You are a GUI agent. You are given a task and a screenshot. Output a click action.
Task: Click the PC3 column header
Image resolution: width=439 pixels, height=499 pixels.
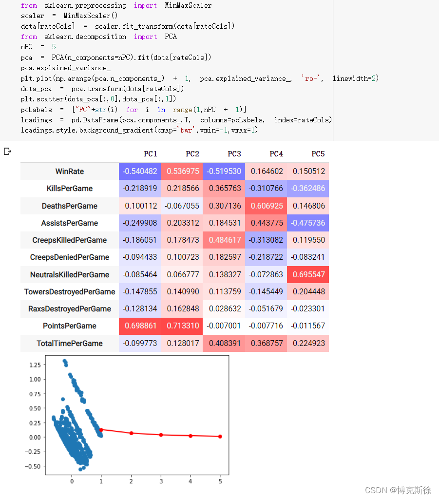click(234, 154)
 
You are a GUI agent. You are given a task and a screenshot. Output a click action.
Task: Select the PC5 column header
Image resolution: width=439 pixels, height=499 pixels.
click(318, 154)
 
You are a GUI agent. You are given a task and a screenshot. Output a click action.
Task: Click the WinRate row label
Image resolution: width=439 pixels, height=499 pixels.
click(70, 172)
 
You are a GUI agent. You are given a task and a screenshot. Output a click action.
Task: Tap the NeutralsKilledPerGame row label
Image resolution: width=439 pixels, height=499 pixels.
click(70, 275)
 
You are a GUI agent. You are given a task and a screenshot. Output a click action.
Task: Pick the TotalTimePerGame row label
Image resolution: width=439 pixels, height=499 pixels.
click(70, 344)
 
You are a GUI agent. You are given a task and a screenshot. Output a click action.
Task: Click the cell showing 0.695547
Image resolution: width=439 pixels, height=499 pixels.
click(308, 275)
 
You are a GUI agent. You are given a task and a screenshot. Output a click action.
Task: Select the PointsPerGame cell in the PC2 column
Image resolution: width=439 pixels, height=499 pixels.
click(182, 326)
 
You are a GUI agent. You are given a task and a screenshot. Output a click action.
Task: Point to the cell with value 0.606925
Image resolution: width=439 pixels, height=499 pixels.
click(266, 206)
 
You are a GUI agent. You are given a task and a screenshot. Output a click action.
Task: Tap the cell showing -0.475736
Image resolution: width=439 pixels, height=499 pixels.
click(308, 223)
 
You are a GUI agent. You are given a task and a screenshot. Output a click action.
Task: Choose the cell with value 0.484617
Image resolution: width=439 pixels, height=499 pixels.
click(224, 240)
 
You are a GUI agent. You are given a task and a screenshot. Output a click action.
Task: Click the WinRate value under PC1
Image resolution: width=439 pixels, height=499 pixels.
click(140, 172)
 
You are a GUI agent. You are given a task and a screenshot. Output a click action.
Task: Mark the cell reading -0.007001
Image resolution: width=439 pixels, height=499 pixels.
click(224, 326)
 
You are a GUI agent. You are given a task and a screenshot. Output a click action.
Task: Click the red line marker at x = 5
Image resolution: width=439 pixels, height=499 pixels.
click(220, 437)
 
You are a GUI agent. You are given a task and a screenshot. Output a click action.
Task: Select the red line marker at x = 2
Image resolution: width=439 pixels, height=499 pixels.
click(132, 433)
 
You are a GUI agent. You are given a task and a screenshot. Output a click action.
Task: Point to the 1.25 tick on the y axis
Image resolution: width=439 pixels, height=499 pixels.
click(35, 365)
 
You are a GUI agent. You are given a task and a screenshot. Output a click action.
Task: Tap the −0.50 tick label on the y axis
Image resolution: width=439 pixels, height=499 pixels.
click(33, 466)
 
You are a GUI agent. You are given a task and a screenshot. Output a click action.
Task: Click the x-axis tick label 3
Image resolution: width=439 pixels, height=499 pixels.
click(161, 481)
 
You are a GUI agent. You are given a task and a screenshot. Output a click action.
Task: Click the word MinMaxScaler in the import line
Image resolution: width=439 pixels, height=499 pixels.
click(188, 5)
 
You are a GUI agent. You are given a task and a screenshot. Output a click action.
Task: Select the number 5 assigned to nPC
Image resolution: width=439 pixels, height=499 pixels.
click(54, 47)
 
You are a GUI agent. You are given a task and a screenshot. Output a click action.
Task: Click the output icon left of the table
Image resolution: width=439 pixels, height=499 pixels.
click(8, 152)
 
